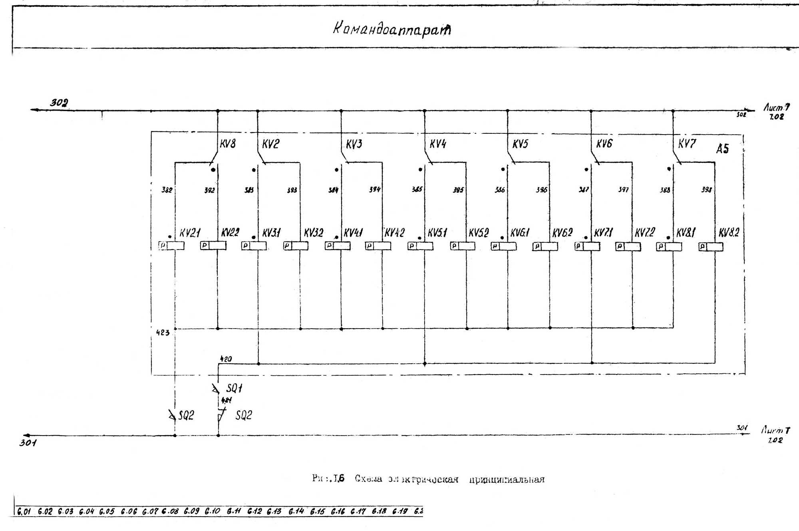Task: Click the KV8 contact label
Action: (x=228, y=144)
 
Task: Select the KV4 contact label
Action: (x=437, y=144)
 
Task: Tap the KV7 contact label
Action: (x=687, y=144)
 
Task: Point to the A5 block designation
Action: (x=722, y=149)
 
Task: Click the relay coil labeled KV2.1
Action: (x=172, y=246)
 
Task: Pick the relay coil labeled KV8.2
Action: (x=711, y=247)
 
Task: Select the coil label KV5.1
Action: (x=437, y=233)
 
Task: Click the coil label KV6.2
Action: (x=562, y=233)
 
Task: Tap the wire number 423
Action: (x=163, y=333)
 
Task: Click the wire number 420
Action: (x=226, y=359)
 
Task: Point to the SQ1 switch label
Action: (x=234, y=388)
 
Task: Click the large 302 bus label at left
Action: (x=59, y=103)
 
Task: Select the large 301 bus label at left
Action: (x=28, y=443)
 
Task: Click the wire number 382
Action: (x=167, y=190)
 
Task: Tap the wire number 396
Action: (x=541, y=190)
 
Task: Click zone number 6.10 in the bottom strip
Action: (x=212, y=511)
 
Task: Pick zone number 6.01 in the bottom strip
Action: (x=24, y=511)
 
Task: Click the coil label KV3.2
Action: (x=314, y=233)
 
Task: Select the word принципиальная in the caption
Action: (x=507, y=479)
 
